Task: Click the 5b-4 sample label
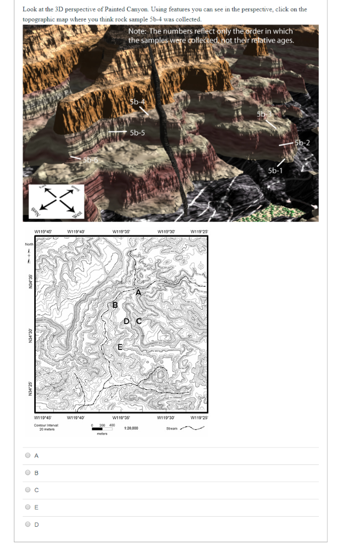[x=138, y=102]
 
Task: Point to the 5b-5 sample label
[x=137, y=132]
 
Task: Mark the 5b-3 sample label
[x=263, y=115]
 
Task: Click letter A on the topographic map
[x=138, y=292]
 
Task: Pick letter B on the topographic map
[x=114, y=304]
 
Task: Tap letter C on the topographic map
[x=139, y=321]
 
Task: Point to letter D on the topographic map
[x=126, y=321]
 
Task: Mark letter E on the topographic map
[x=120, y=348]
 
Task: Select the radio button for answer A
[x=28, y=455]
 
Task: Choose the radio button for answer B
[x=28, y=472]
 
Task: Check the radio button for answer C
[x=28, y=489]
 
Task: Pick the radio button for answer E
[x=28, y=507]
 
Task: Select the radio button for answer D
[x=28, y=524]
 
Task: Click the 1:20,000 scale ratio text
[x=131, y=428]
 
